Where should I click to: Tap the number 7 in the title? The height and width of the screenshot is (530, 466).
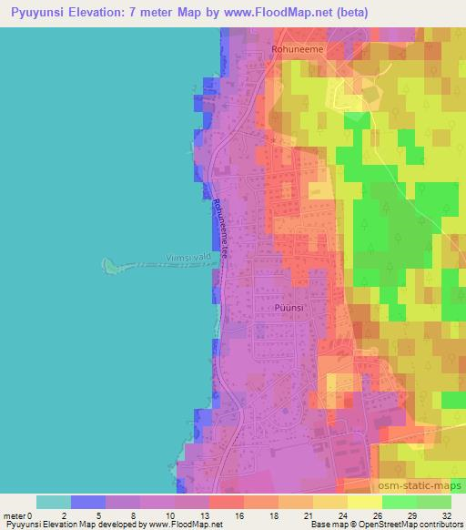pos(161,12)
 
